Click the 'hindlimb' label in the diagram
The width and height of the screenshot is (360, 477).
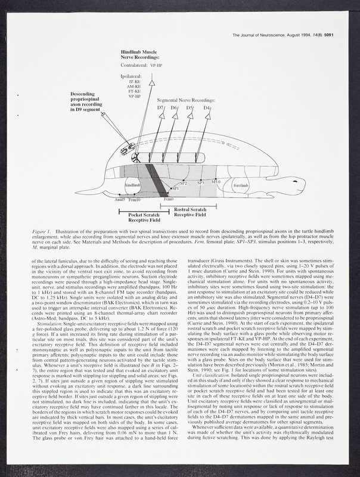tap(132, 185)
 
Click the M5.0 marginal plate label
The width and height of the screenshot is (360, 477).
tap(216, 181)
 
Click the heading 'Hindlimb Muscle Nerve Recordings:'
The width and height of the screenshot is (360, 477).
tap(139, 55)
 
